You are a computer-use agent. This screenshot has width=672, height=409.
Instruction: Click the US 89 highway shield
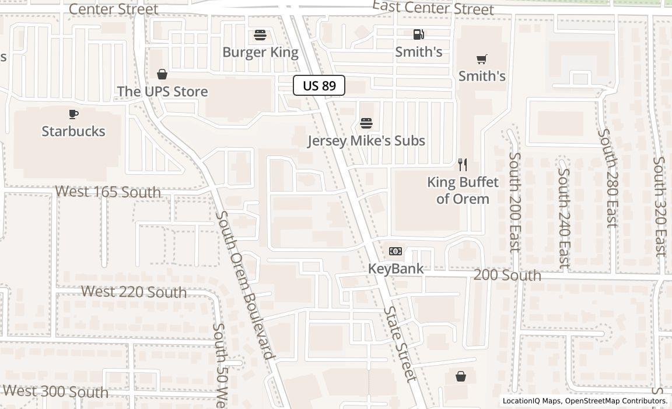[319, 86]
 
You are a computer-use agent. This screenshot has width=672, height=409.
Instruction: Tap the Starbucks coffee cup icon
[73, 114]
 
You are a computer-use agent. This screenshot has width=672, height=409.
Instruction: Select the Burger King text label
[260, 53]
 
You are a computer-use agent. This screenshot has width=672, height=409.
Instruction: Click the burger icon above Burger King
[260, 35]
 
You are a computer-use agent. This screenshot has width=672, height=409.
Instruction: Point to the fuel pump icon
[418, 34]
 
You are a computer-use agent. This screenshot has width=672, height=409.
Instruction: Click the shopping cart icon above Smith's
[482, 59]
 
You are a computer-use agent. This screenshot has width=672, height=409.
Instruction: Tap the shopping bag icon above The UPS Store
[162, 74]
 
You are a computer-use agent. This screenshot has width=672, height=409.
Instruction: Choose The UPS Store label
[162, 92]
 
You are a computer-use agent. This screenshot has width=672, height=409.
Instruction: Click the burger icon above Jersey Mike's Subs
[366, 123]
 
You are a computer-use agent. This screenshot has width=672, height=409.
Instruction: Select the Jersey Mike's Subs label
[366, 141]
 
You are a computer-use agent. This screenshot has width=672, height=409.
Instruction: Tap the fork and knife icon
[463, 164]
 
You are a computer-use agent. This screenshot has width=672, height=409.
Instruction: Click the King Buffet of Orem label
[463, 190]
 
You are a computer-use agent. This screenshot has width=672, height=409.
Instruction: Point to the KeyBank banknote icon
[395, 251]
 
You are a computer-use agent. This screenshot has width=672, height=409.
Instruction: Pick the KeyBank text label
[395, 269]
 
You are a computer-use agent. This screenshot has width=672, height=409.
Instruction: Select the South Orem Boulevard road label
[244, 285]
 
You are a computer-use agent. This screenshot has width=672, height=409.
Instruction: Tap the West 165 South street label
[108, 192]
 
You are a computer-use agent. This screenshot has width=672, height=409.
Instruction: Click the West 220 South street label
[134, 292]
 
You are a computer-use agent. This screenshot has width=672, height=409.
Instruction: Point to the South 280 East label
[607, 178]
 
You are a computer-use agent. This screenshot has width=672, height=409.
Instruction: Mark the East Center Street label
[433, 8]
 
